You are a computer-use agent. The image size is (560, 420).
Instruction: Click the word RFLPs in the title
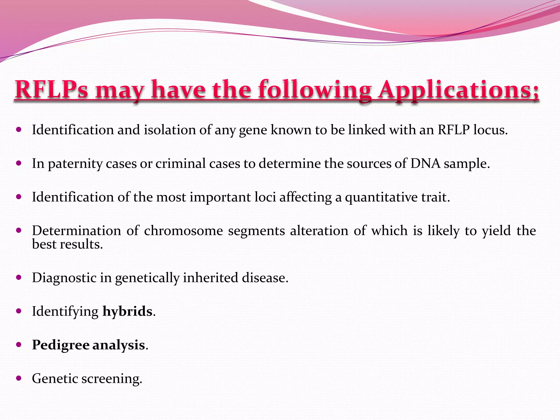[51, 90]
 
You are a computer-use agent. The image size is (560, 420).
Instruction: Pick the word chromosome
[183, 231]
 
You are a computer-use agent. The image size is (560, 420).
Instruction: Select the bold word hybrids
[127, 312]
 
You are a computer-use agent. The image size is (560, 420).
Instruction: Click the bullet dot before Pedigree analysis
[19, 345]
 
